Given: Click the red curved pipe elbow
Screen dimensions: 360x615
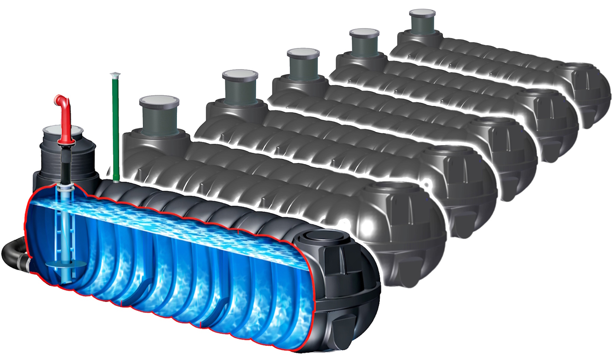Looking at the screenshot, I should [x=63, y=102].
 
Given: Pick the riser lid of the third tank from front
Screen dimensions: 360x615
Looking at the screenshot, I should [x=240, y=74].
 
